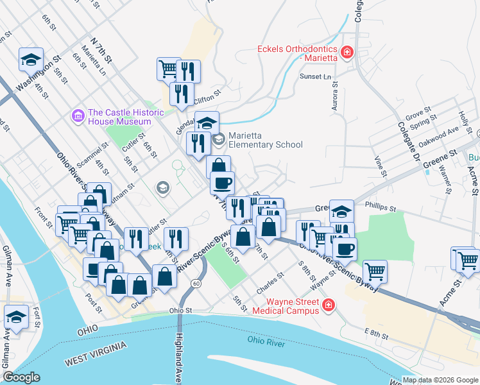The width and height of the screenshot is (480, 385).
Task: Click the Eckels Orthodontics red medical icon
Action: pyautogui.click(x=347, y=52)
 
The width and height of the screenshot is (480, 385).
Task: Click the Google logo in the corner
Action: pyautogui.click(x=21, y=377)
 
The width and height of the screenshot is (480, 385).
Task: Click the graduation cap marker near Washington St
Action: pyautogui.click(x=31, y=60)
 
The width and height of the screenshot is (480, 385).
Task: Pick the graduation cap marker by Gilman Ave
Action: pyautogui.click(x=16, y=317)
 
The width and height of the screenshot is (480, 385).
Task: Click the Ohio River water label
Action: pyautogui.click(x=266, y=343)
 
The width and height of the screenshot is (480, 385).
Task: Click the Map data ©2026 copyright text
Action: pyautogui.click(x=440, y=379)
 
